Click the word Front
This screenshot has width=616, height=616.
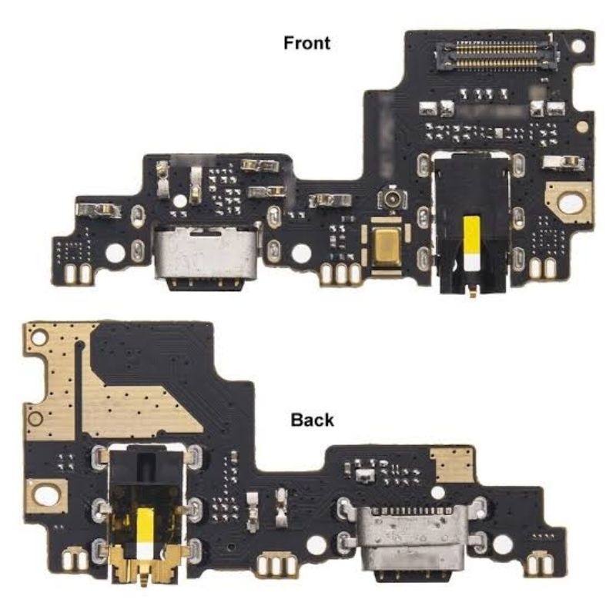(x=306, y=43)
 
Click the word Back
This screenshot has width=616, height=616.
(x=312, y=420)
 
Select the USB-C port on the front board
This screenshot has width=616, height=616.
(x=207, y=256)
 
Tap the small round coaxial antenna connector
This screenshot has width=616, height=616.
(x=392, y=199)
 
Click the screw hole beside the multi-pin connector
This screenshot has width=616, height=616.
(x=578, y=45)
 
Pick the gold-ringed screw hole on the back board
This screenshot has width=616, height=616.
(x=46, y=496)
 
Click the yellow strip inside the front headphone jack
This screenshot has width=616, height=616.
(x=471, y=243)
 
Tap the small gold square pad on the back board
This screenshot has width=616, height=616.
(x=452, y=465)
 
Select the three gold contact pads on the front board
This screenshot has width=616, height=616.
(x=341, y=273)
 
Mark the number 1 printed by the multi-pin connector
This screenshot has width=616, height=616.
(x=551, y=36)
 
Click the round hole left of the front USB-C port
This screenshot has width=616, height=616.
(x=115, y=253)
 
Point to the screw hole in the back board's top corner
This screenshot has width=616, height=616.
(x=40, y=337)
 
